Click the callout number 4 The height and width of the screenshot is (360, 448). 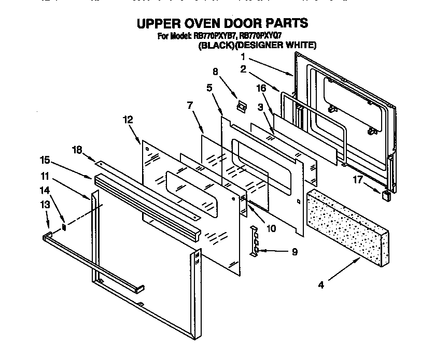(321, 285)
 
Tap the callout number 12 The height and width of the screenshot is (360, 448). (129, 120)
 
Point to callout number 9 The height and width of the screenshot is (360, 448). (295, 253)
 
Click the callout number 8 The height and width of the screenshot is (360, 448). (215, 72)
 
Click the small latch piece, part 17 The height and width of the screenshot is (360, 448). (385, 195)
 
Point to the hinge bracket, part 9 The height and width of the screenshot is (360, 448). (254, 240)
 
